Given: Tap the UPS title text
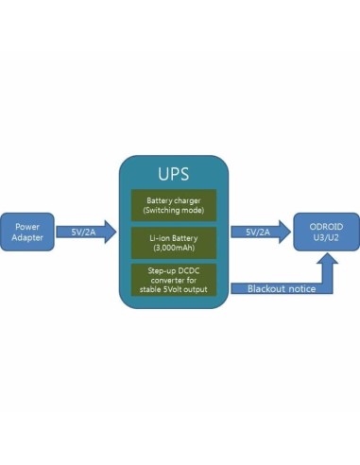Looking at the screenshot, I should [173, 175].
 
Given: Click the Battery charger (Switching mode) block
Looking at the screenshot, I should [173, 204].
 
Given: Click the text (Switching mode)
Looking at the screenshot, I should [173, 210].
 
